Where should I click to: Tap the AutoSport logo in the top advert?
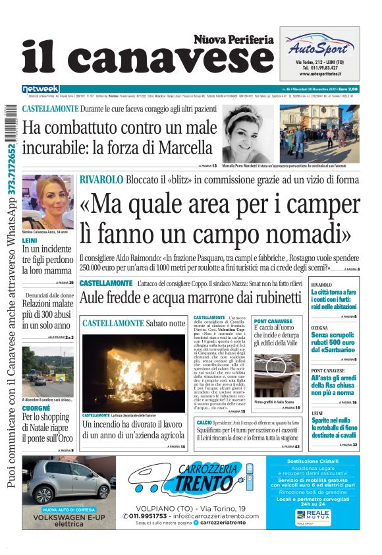(x=319, y=45)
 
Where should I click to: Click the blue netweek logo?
(x=41, y=89)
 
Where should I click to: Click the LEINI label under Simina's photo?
(x=30, y=241)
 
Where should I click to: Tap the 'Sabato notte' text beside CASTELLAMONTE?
(x=166, y=324)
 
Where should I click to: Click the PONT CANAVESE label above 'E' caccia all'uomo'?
(x=272, y=321)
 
